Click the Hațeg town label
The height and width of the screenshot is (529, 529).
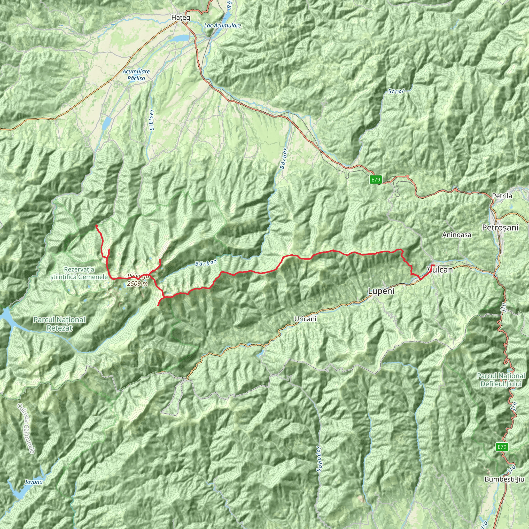coord(181,18)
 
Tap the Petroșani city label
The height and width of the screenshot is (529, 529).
coord(500,228)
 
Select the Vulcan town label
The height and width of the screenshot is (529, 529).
coord(439,270)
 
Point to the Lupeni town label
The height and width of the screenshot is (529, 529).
coord(381,291)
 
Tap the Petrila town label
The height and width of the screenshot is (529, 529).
coord(502,196)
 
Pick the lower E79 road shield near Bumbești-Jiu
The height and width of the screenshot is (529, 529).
coord(502,447)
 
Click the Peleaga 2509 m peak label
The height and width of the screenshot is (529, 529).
coord(138,280)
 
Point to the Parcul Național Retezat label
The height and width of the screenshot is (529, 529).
coord(59,324)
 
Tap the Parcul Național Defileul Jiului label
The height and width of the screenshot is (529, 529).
coord(501,380)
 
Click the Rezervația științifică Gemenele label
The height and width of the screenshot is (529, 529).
coord(79,273)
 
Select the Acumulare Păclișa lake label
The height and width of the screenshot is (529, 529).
coord(136,75)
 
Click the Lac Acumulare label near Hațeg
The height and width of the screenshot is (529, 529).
coord(222,26)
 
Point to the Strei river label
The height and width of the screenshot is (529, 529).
coord(396,91)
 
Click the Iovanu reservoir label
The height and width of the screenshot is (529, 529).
coord(34,482)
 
